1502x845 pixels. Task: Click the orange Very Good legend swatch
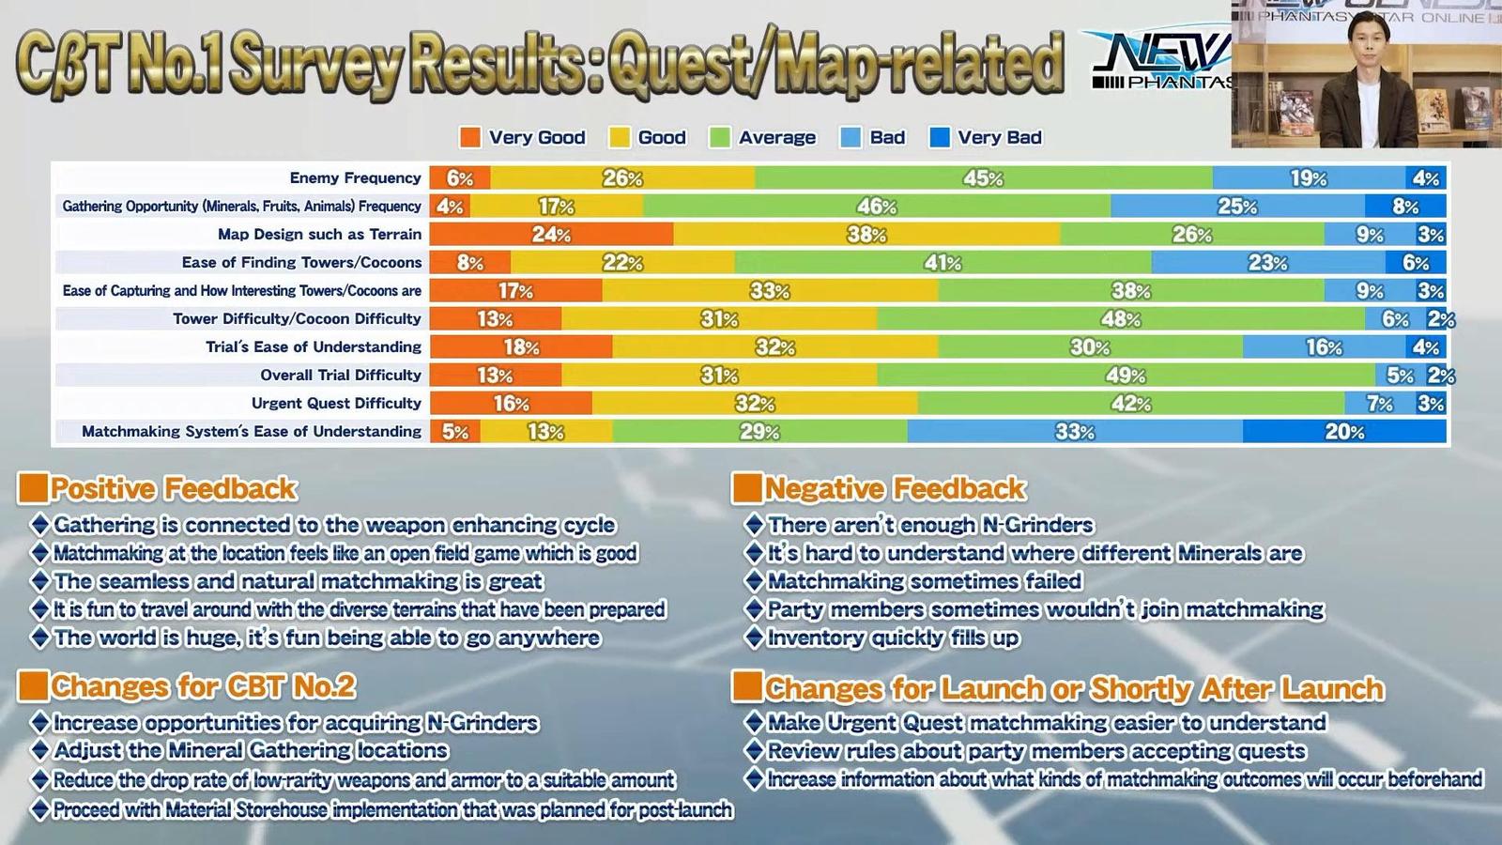coord(469,138)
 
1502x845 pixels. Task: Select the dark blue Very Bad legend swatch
coord(939,138)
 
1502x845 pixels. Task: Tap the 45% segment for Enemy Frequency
coord(983,177)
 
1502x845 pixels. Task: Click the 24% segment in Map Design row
coord(551,234)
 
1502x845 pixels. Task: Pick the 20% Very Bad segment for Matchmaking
coord(1344,431)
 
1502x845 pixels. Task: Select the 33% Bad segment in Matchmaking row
coord(1075,431)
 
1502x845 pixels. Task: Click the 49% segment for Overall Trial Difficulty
coord(1126,375)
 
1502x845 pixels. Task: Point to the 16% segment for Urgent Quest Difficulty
coord(511,403)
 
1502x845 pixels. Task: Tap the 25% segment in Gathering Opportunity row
coord(1237,206)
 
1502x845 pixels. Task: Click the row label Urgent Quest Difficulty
coord(336,403)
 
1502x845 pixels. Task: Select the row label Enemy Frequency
coord(355,177)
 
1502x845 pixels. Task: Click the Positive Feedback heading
coord(174,488)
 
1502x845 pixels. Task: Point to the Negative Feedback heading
coord(895,488)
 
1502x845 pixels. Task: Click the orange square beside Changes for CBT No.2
coord(33,685)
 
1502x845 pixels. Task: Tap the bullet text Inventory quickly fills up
coord(893,638)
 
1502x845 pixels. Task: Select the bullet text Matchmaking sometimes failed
coord(925,581)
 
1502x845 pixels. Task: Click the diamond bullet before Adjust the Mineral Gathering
coord(39,750)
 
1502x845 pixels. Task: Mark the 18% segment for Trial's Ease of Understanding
coord(521,346)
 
